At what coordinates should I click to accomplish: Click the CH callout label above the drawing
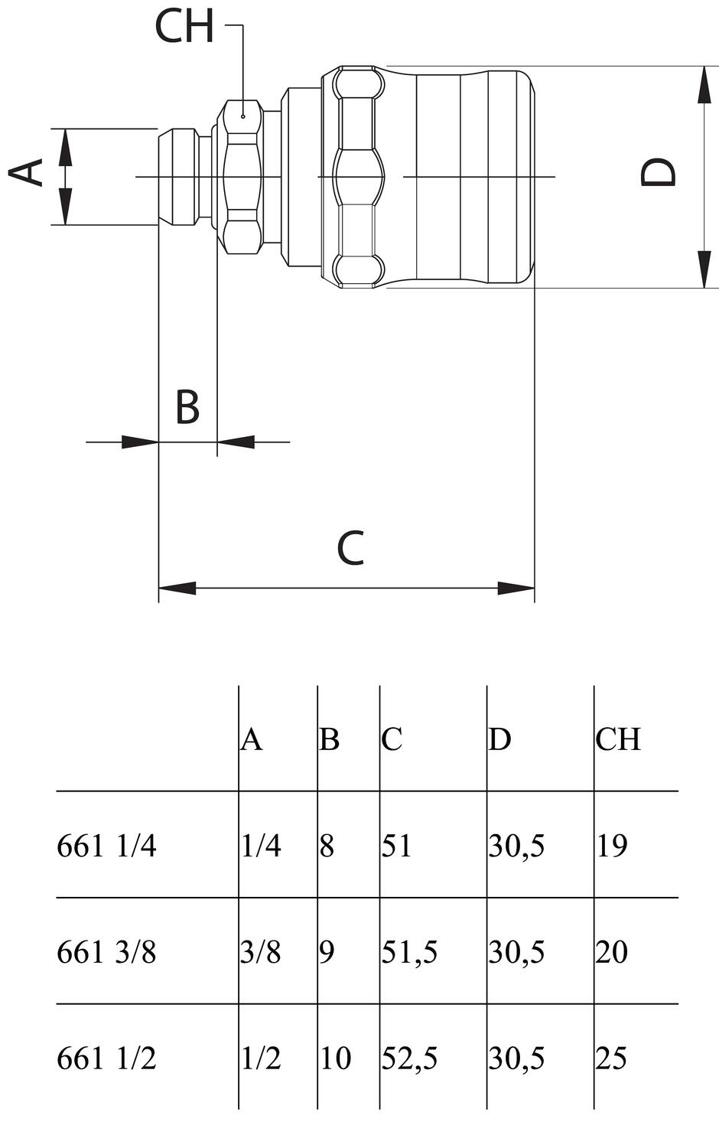point(184,26)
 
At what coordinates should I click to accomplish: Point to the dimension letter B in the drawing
point(187,407)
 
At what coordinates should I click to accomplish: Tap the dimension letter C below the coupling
point(350,548)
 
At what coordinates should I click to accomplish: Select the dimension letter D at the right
point(659,173)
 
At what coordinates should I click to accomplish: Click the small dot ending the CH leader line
point(242,116)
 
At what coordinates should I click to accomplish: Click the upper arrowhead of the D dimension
point(703,84)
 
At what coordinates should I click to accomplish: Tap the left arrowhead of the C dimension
point(177,588)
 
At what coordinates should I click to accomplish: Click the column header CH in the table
point(618,739)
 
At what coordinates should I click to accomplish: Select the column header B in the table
point(329,739)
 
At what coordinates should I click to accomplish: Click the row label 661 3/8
point(106,952)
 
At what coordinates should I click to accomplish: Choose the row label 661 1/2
point(106,1058)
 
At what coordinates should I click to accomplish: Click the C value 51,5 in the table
point(409,952)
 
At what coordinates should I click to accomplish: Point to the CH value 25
point(611,1058)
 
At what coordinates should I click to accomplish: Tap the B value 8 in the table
point(327,846)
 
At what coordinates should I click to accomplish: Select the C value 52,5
point(409,1058)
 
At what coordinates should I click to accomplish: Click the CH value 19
point(611,846)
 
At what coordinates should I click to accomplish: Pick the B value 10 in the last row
point(335,1058)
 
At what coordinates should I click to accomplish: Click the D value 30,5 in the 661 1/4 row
point(516,846)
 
